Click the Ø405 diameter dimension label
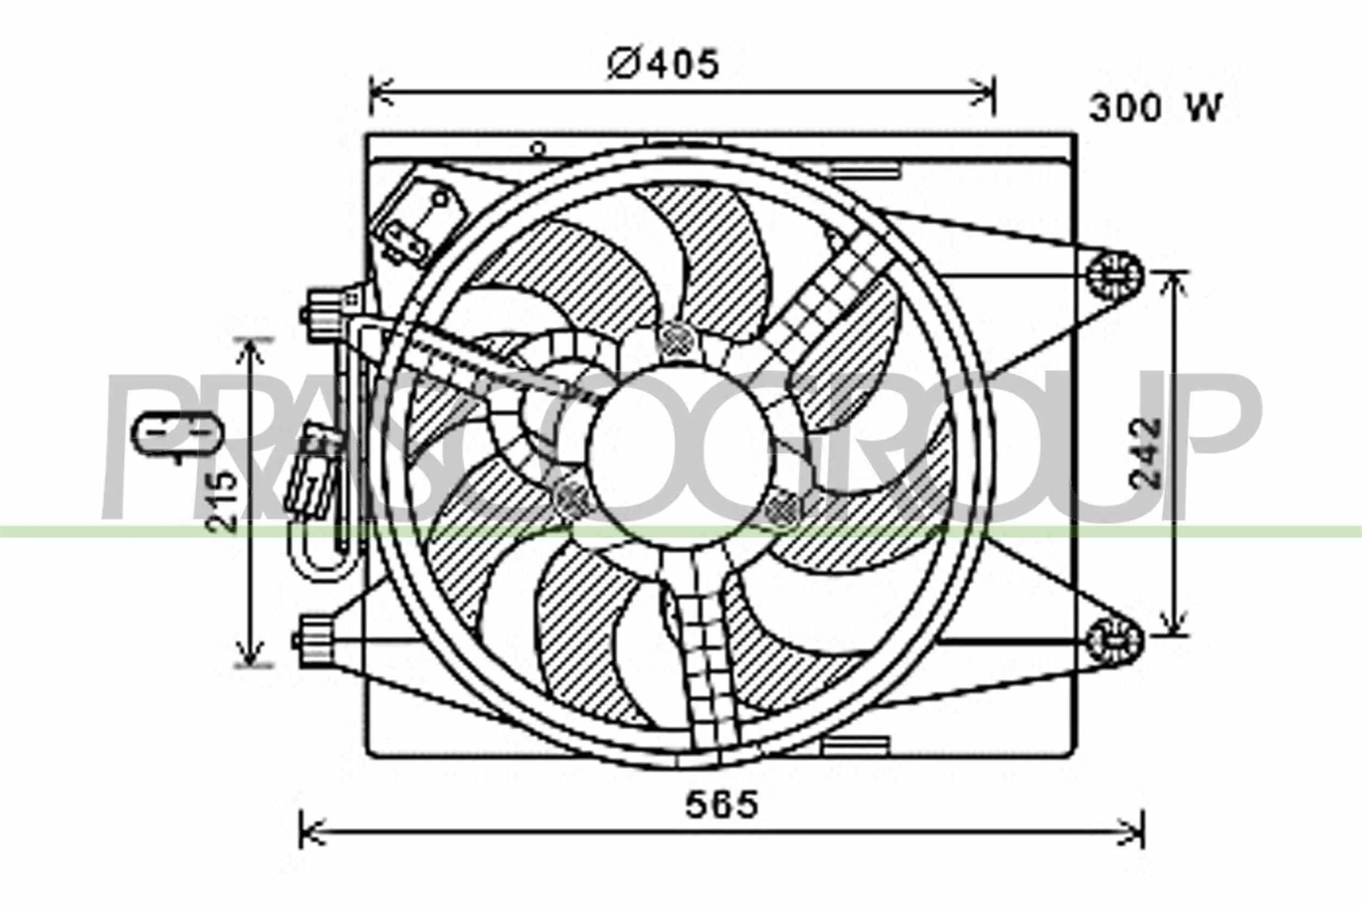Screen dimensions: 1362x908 [x=663, y=64]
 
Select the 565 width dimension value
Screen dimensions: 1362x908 [x=721, y=804]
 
